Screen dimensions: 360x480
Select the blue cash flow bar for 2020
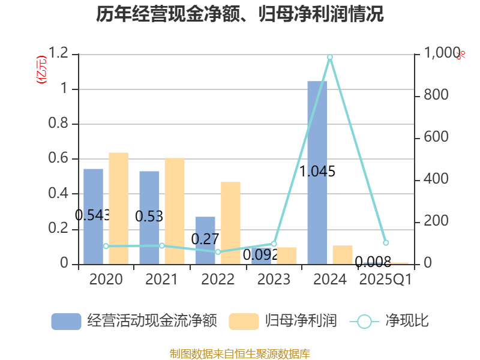tap(93, 216)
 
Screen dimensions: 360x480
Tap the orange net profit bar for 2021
tap(174, 211)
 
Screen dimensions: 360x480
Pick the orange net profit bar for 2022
tap(230, 223)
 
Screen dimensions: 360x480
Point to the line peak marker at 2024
tap(330, 57)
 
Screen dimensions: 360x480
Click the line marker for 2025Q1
tap(386, 243)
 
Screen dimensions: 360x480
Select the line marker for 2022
tap(218, 252)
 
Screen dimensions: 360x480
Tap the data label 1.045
tap(317, 172)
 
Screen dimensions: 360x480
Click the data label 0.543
tap(92, 215)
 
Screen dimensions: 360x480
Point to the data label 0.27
tap(205, 239)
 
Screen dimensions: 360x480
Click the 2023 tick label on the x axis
tap(274, 279)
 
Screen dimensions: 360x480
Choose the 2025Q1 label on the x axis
tap(385, 279)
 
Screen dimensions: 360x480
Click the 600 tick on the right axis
tap(436, 137)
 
